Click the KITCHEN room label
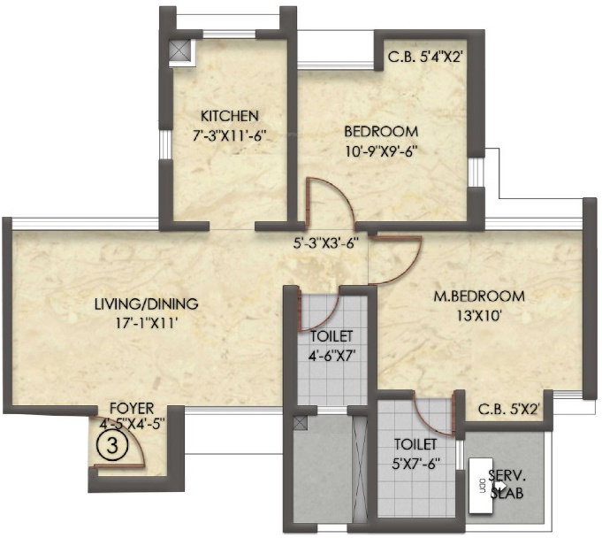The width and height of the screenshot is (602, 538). click(229, 116)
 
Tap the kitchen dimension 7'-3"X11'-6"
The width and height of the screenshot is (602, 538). click(229, 136)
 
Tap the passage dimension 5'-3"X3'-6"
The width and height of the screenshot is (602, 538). click(326, 245)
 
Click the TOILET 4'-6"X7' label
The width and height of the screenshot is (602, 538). click(331, 345)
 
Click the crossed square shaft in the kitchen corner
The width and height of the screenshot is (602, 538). click(180, 50)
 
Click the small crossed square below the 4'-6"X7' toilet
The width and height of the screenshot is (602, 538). click(301, 423)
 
